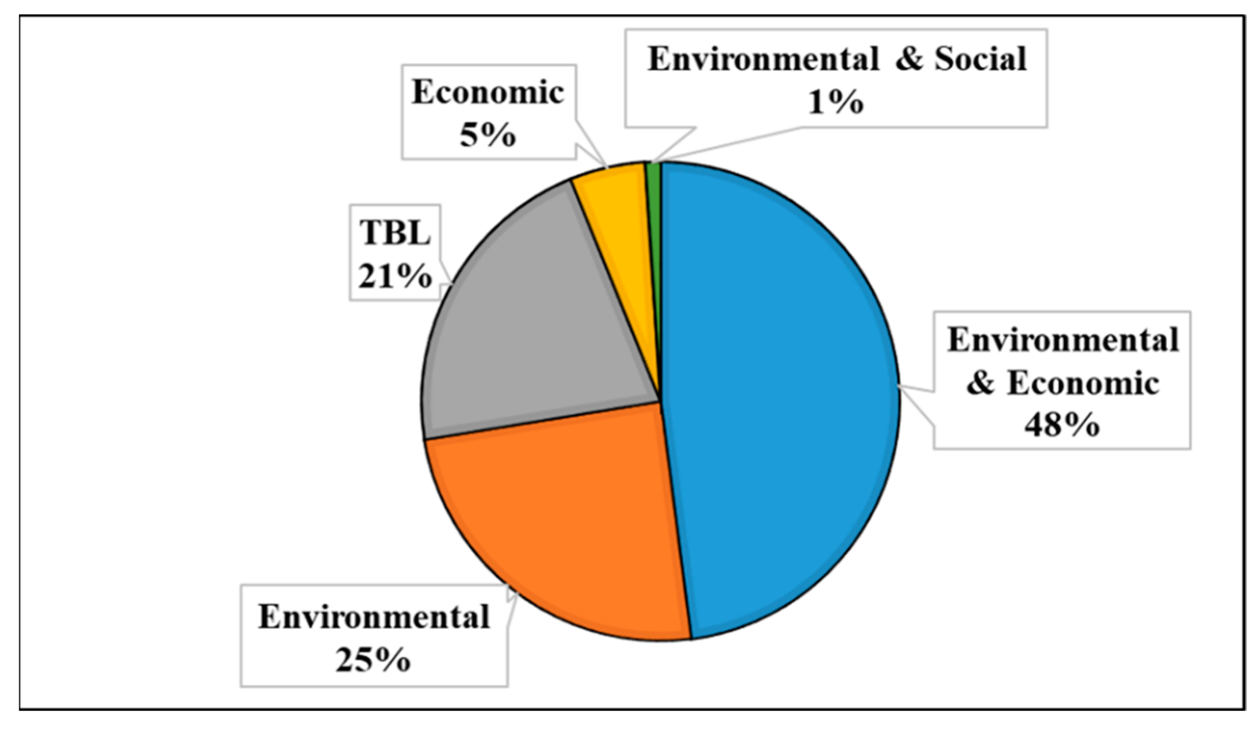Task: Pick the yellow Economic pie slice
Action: pos(619,210)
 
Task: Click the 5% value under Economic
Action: pos(488,136)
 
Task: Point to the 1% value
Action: pos(835,103)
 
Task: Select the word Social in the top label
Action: pos(980,59)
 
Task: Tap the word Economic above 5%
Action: pos(488,93)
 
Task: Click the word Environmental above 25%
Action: pos(374,617)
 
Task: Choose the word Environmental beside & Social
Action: pos(763,59)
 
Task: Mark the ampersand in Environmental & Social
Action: pos(908,59)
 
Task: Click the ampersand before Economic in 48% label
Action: pos(980,384)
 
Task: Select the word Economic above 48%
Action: pos(1082,384)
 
